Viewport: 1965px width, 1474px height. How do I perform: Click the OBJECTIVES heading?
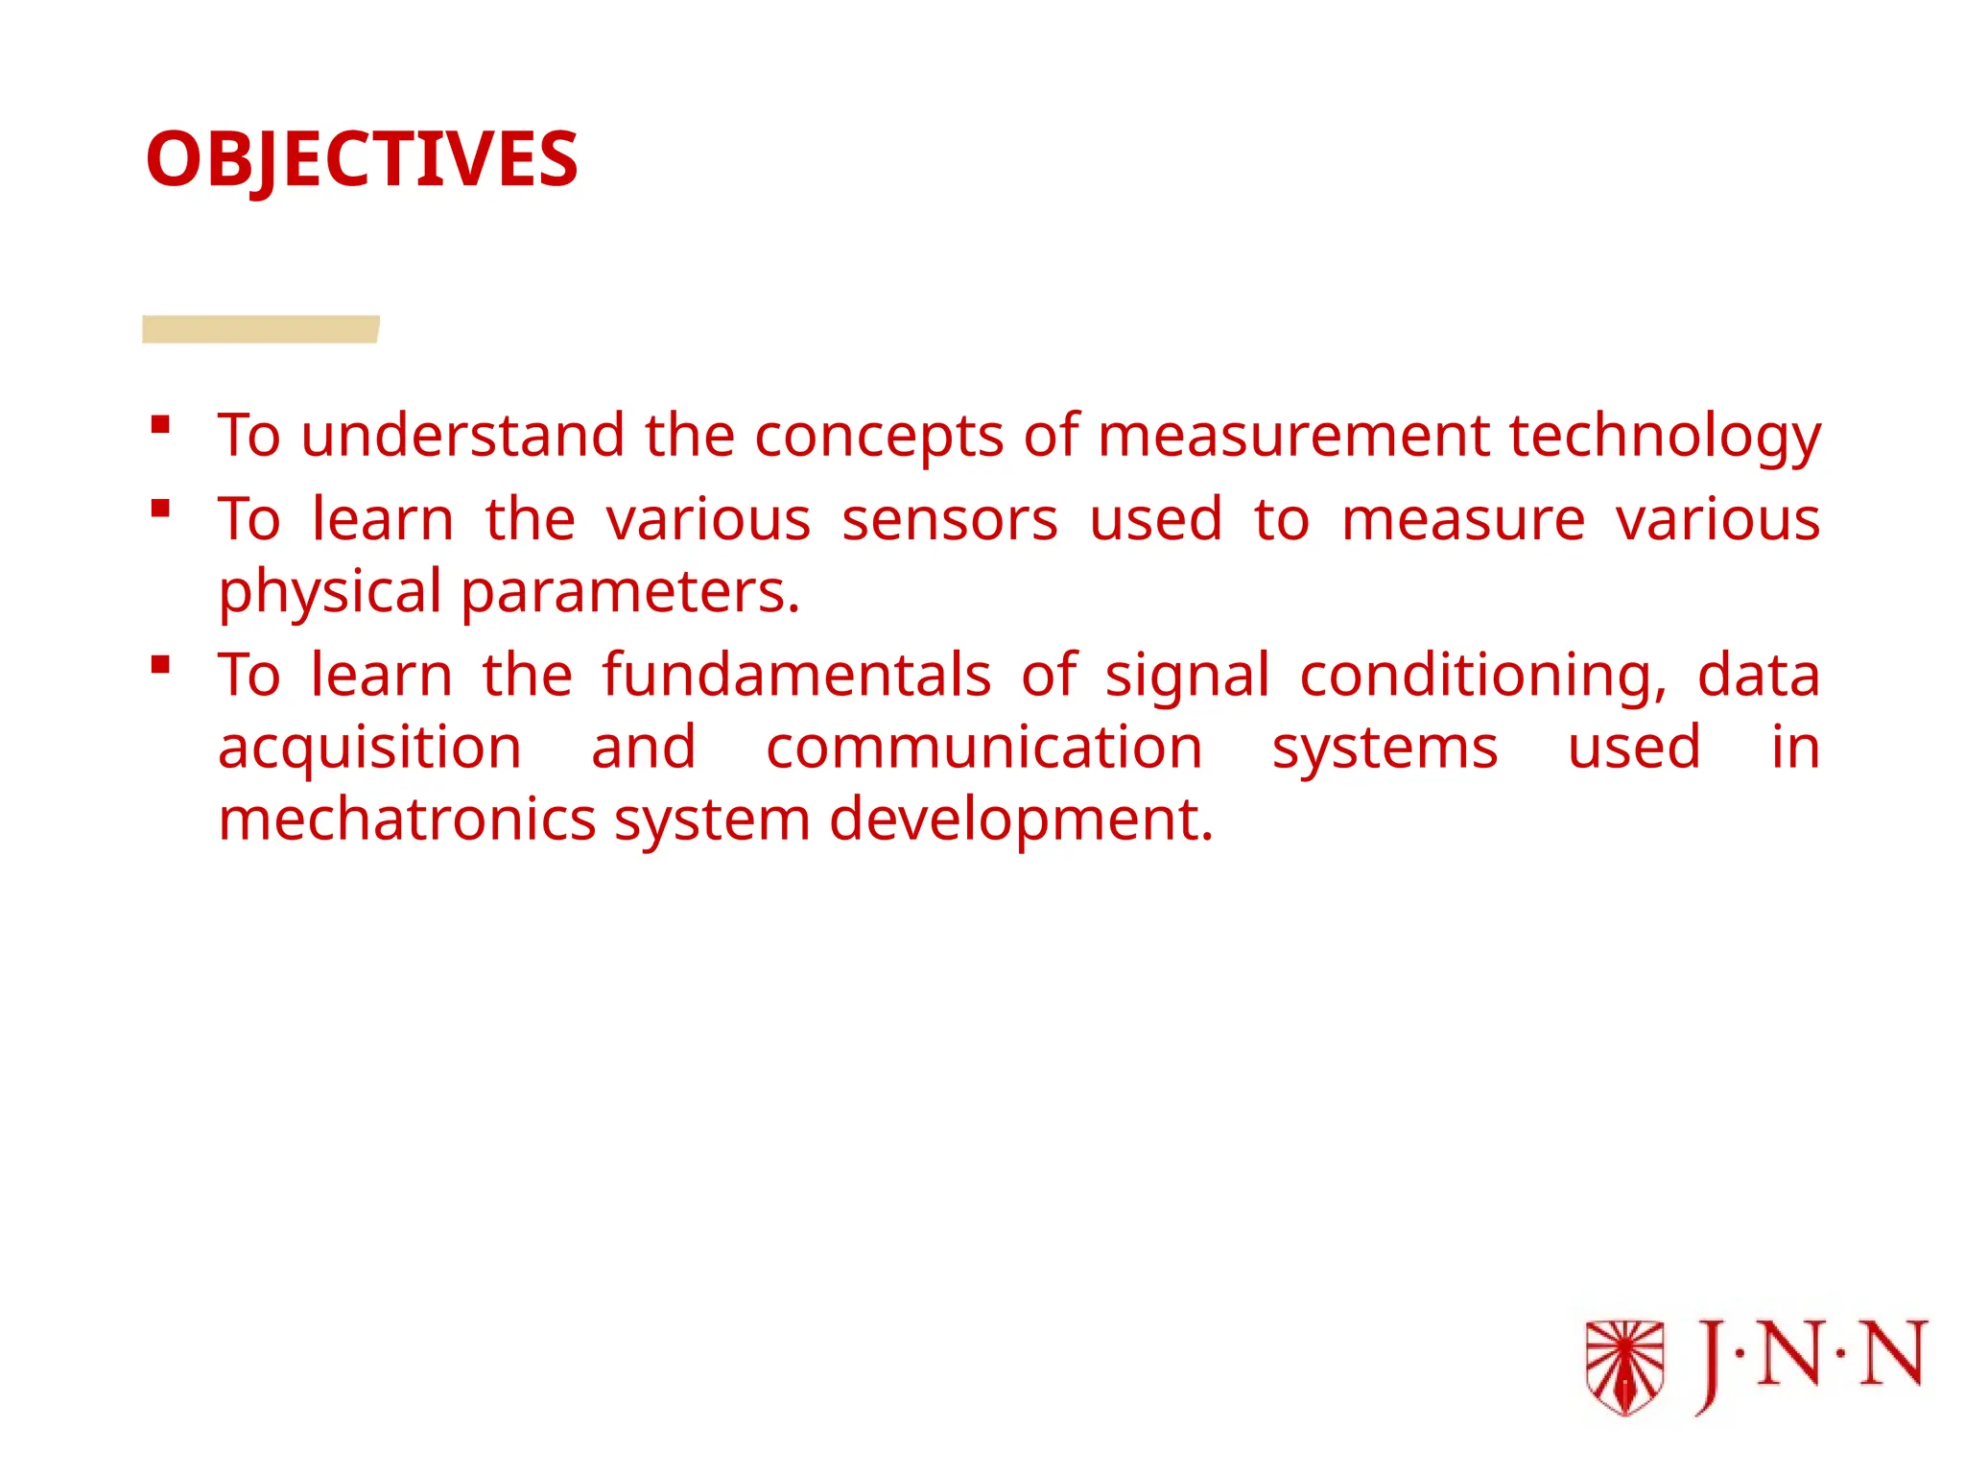click(x=362, y=159)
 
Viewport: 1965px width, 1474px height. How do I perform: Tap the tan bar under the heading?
click(x=260, y=329)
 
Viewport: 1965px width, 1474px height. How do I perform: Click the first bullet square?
click(x=160, y=424)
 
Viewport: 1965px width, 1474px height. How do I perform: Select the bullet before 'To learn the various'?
click(x=160, y=508)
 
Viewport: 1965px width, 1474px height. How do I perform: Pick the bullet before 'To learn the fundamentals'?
click(x=160, y=664)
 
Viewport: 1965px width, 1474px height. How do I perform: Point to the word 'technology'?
click(x=1665, y=437)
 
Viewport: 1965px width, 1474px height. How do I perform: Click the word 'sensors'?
click(x=950, y=520)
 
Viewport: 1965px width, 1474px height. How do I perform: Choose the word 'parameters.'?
click(x=630, y=593)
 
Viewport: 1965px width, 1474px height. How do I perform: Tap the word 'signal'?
click(x=1188, y=678)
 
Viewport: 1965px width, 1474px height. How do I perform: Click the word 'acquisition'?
click(x=369, y=749)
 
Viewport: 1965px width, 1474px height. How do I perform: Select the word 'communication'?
click(x=983, y=748)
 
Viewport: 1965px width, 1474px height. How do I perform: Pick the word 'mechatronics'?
click(x=408, y=820)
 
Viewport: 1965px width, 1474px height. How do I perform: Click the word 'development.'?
click(x=1021, y=821)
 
